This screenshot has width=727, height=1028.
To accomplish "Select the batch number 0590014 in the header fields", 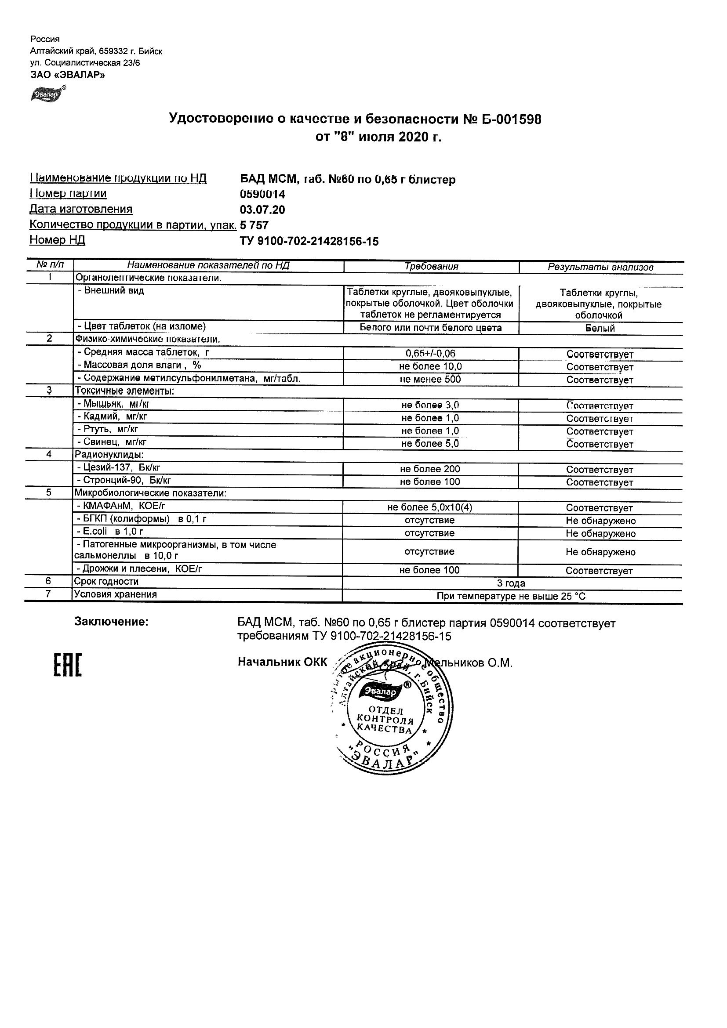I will (262, 194).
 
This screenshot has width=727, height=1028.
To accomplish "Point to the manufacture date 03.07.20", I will (262, 210).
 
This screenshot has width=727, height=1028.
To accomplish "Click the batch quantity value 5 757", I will (254, 225).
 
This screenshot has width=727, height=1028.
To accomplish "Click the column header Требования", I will (431, 267).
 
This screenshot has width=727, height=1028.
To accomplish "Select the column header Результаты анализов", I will (600, 267).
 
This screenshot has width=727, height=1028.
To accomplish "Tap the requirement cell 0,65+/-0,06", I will (430, 353).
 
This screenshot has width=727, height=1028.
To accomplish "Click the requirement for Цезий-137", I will (430, 469).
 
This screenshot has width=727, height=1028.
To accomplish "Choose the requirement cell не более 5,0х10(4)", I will (430, 507).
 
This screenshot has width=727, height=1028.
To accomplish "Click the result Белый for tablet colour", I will (600, 328).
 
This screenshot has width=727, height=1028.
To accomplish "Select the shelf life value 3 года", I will (511, 583).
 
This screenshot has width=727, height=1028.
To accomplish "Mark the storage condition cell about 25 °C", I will (511, 596).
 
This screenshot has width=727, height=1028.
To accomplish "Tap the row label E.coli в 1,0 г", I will (110, 532).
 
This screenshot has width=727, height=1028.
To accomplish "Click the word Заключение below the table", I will (111, 622).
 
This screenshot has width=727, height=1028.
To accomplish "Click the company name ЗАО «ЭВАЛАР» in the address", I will (68, 75).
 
